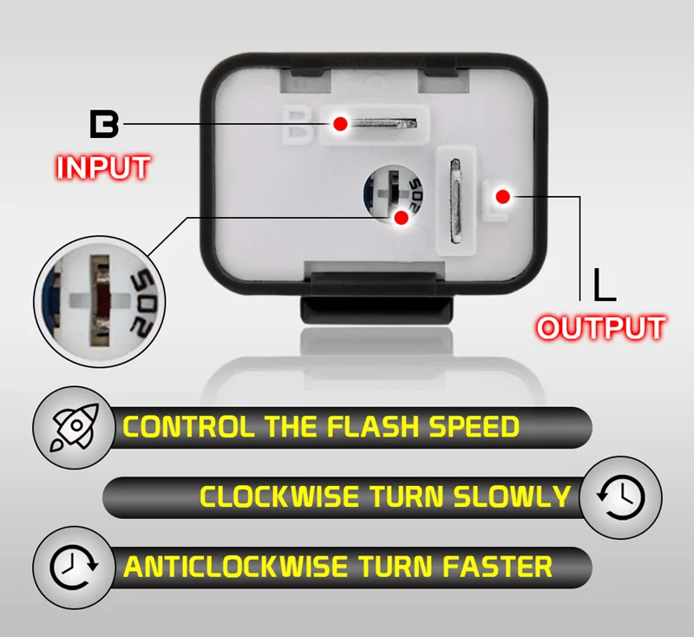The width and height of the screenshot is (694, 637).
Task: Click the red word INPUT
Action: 103,167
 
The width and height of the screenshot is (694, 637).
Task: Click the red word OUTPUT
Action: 601,328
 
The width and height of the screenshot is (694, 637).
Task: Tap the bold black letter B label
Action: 104,124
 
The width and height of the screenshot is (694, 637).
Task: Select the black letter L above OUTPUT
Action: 605,285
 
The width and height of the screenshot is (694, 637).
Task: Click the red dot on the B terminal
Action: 340,124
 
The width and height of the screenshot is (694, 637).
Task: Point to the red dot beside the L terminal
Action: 503,196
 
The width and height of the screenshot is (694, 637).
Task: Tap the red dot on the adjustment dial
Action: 402,217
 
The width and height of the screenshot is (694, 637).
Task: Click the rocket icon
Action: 75,427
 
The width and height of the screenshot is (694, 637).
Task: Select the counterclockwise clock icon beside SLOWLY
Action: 620,496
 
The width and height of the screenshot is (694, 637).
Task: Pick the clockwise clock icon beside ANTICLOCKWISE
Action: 74,567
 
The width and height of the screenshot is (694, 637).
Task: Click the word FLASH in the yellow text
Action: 373,426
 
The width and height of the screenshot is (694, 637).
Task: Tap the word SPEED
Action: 474,426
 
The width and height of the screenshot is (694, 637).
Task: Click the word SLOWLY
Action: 512,496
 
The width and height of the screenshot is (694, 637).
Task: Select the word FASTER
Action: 497,567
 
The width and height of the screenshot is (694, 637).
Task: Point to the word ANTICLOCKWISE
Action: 236,567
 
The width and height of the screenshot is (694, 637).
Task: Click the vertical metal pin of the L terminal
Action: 455,200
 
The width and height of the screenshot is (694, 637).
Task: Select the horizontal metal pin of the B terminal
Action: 382,123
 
